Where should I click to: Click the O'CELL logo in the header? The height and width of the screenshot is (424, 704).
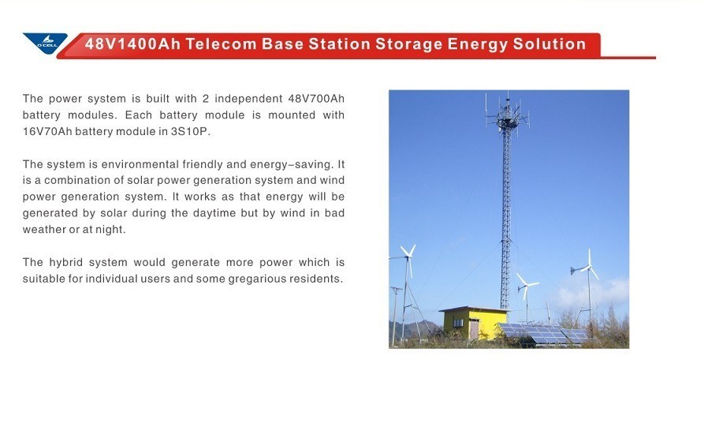[45, 43]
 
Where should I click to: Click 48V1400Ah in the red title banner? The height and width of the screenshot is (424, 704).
[132, 44]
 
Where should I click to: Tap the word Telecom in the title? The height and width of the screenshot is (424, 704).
[221, 44]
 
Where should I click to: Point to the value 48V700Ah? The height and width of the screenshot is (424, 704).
[316, 99]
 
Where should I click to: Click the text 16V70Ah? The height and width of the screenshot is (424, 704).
[47, 132]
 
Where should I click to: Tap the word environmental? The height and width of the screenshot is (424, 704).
[139, 164]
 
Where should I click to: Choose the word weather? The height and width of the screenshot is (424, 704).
[43, 229]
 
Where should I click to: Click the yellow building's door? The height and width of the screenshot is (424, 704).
[474, 328]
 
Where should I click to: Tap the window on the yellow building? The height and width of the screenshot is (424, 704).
[457, 323]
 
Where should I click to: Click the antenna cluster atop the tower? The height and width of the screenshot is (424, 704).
[508, 114]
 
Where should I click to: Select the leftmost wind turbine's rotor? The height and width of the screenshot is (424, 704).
[408, 257]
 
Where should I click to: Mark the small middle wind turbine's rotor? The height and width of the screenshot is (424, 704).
[525, 285]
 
